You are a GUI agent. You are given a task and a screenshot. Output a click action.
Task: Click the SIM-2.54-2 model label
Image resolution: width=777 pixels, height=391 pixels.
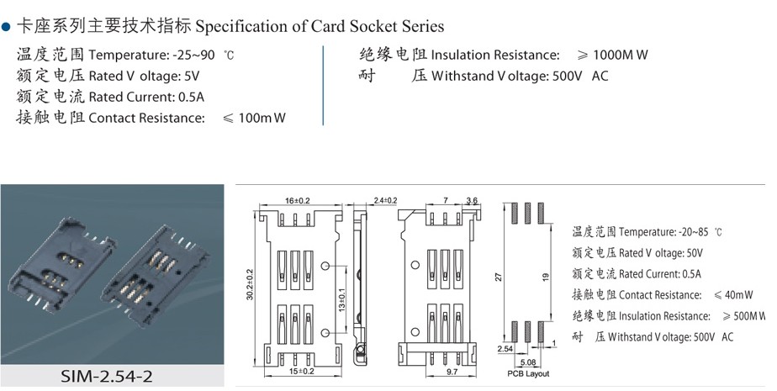tap(107, 376)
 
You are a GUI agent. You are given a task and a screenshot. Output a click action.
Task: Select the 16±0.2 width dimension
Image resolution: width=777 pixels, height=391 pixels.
tap(298, 201)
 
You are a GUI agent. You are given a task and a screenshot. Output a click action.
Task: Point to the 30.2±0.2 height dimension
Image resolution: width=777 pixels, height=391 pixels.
tap(250, 284)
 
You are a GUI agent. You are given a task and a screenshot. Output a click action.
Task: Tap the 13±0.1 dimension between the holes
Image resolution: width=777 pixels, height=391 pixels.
tap(343, 299)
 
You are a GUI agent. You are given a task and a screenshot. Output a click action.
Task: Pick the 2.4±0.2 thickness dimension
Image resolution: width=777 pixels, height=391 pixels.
tap(385, 201)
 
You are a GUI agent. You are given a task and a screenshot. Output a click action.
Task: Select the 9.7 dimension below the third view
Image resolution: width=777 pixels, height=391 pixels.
tap(452, 371)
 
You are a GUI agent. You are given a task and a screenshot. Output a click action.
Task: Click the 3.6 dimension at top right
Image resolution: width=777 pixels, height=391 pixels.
tap(472, 201)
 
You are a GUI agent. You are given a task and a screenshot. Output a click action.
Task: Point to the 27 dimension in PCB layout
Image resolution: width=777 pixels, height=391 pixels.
tap(499, 277)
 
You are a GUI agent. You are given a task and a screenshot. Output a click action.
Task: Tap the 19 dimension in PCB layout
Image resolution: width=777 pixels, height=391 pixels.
tap(546, 277)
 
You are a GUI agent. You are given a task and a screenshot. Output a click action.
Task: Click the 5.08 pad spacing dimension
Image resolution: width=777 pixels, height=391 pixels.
tap(528, 362)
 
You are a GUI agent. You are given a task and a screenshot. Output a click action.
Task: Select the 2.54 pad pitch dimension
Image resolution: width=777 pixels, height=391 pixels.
tap(505, 349)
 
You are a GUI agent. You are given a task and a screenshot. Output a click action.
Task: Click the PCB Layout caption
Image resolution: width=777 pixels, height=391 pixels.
tap(528, 373)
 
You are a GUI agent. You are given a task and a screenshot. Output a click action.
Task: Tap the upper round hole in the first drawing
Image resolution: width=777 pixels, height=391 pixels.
tap(325, 266)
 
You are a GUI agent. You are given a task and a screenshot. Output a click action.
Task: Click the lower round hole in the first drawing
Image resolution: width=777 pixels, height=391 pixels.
tap(325, 332)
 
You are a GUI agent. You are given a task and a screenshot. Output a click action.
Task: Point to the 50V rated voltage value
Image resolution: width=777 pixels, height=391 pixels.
tap(695, 253)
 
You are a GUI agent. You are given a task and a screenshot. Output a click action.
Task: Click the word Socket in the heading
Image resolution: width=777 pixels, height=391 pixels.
tap(373, 26)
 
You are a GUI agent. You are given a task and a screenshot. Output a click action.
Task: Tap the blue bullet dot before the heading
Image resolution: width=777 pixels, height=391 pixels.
tap(6, 27)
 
